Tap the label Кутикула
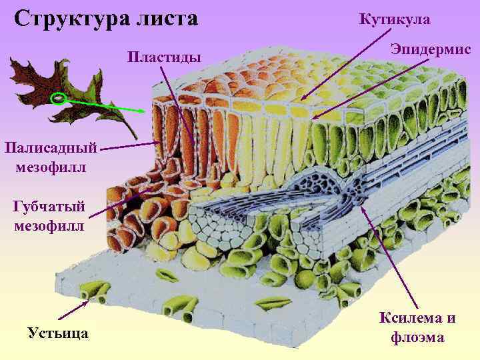tap(395, 20)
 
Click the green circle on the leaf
tap(59, 99)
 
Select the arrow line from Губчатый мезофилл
tap(120, 203)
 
